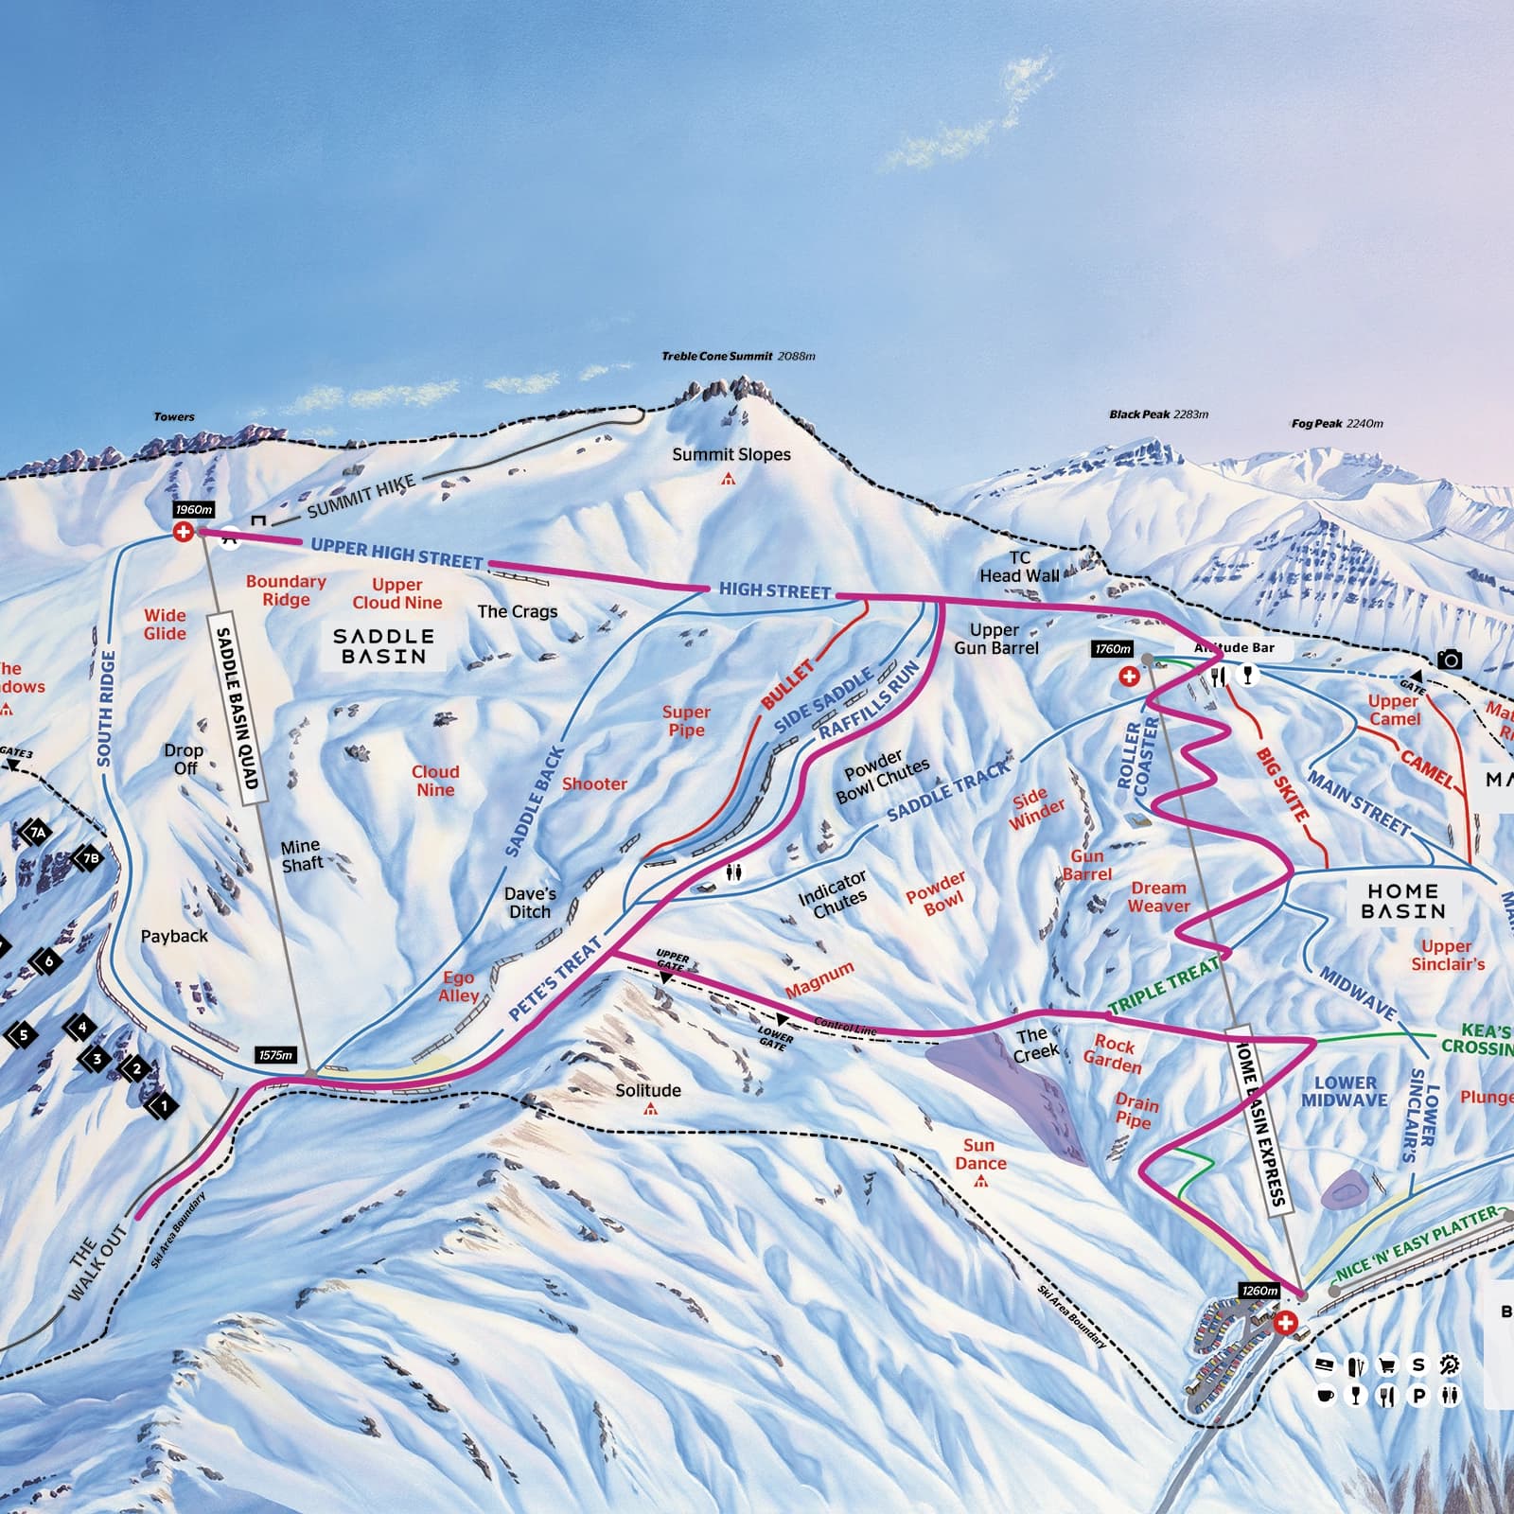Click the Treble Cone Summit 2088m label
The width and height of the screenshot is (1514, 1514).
[738, 357]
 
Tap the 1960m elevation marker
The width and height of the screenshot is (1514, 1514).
[193, 510]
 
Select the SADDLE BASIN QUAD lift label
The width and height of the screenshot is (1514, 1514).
[238, 710]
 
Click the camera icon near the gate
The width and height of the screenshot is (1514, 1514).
[1448, 660]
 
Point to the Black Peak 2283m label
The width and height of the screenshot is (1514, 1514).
[1158, 414]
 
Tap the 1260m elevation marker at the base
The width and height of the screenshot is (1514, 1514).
[1259, 1291]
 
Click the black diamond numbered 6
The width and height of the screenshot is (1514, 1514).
[47, 962]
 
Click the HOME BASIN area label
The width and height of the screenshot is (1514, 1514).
[1402, 901]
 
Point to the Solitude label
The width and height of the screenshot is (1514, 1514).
[648, 1090]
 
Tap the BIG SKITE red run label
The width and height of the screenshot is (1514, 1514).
[1283, 784]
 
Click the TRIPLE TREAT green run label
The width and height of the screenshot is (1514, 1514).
[1164, 986]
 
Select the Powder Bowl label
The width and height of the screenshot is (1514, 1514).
[936, 892]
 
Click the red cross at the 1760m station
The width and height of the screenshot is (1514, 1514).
[1129, 677]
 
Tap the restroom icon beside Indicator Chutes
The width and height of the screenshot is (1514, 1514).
[735, 871]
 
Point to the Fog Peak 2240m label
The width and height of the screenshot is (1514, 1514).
[1337, 423]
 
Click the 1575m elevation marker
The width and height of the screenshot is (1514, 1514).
[275, 1055]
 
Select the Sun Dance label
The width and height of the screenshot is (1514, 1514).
[979, 1154]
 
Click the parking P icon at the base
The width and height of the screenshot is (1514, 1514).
[1417, 1396]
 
